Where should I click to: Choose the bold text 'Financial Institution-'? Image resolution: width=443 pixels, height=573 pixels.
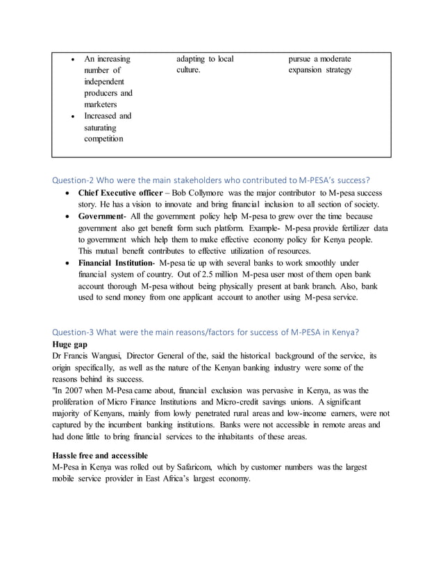coord(117,263)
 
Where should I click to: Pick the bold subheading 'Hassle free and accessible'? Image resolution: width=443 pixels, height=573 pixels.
coord(100,455)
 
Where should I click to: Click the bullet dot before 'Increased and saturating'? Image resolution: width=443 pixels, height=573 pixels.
coord(74,117)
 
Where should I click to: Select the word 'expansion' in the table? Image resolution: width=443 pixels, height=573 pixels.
coord(308,70)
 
